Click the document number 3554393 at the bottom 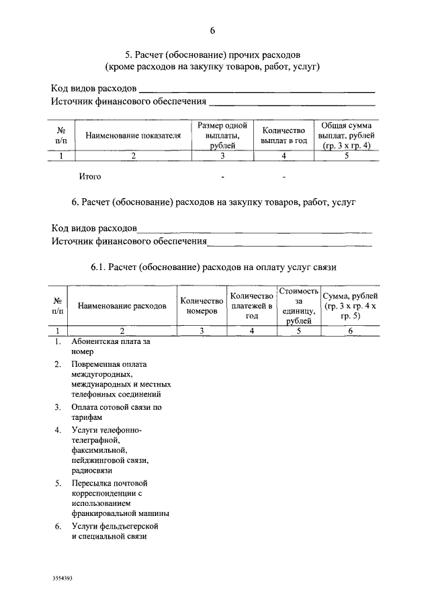point(62,577)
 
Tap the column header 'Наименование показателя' point(133,136)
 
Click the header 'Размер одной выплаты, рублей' point(222,135)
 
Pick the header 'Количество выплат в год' point(284,136)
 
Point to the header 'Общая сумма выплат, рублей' point(347,135)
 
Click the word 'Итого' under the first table point(90,177)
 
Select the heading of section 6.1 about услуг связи point(214,267)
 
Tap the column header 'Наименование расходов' point(122,306)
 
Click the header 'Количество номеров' point(202,306)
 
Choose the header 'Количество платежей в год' point(252,306)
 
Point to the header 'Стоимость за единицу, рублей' point(298,306)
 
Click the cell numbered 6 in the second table point(350,331)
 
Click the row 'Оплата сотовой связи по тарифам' point(116,412)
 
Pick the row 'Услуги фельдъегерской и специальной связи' point(119,531)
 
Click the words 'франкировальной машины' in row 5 point(120,513)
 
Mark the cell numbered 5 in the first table point(347,157)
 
